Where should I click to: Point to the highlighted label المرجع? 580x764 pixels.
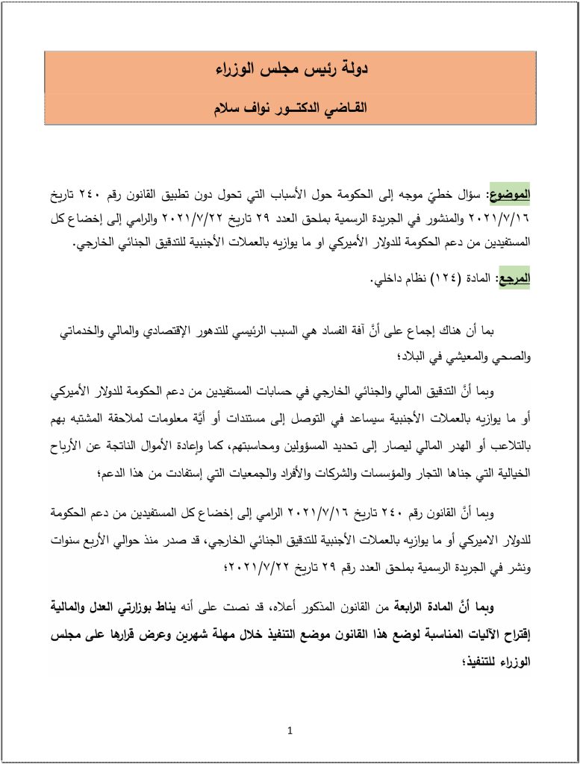[x=513, y=279]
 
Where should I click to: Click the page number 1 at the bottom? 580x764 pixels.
[x=290, y=730]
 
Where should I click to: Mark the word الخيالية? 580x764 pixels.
[x=508, y=474]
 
